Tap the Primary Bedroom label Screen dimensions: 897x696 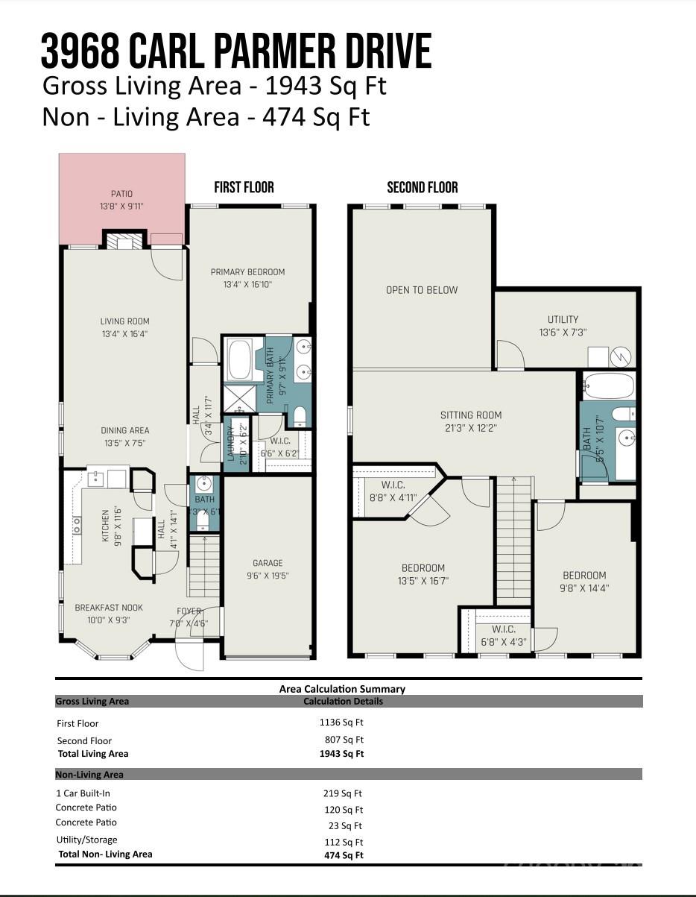tap(247, 272)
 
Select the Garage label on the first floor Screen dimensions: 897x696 tap(268, 563)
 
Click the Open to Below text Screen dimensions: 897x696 tap(422, 290)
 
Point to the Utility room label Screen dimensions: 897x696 tap(563, 319)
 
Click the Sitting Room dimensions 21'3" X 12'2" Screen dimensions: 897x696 tap(471, 428)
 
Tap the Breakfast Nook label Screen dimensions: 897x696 tap(109, 608)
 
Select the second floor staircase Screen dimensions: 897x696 tap(513, 541)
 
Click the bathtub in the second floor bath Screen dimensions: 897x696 tap(608, 386)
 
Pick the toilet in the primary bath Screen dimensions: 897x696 tap(300, 416)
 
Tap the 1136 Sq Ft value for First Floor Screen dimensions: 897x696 tap(341, 722)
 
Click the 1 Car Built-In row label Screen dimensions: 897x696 tap(83, 793)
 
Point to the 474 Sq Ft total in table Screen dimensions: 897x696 tap(344, 855)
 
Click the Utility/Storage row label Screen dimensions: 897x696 tap(86, 840)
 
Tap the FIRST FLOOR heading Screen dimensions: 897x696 tap(244, 187)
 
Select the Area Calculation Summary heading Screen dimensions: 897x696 tap(342, 689)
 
